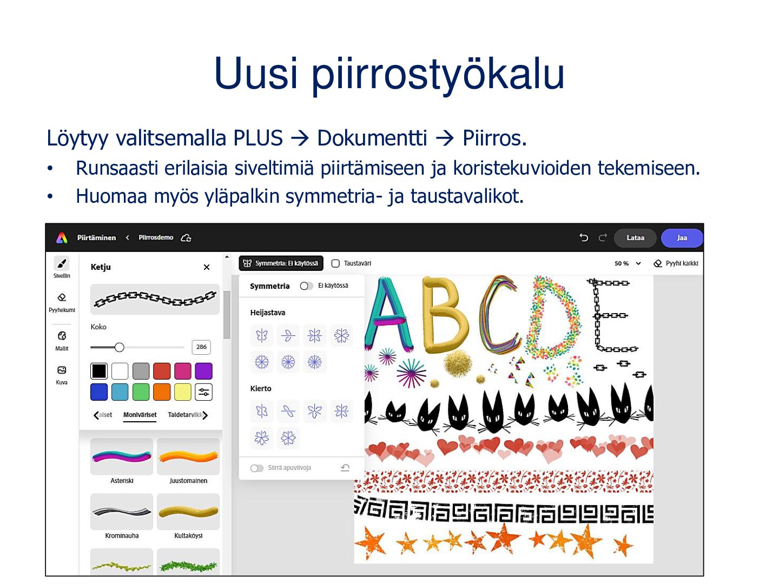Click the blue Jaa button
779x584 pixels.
pos(681,237)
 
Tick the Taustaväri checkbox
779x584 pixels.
pos(335,263)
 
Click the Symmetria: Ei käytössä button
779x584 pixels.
pos(281,263)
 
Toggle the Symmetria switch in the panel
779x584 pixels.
pos(306,286)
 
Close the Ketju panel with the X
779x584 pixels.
pos(207,267)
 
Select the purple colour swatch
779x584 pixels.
pos(204,371)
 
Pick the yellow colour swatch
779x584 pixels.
pos(183,392)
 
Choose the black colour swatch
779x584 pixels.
pos(99,371)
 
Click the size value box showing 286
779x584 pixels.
pos(201,347)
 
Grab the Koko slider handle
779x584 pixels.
pos(120,347)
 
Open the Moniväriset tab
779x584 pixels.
pos(140,415)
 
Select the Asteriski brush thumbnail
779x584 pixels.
pos(122,456)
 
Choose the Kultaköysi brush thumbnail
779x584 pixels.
pos(188,512)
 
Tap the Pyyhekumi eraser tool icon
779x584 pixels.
pos(62,297)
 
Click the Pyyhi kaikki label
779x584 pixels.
pos(682,263)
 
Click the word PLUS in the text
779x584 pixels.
pos(258,138)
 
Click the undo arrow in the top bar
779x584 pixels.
pos(584,237)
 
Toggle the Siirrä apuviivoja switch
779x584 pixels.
pos(256,468)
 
